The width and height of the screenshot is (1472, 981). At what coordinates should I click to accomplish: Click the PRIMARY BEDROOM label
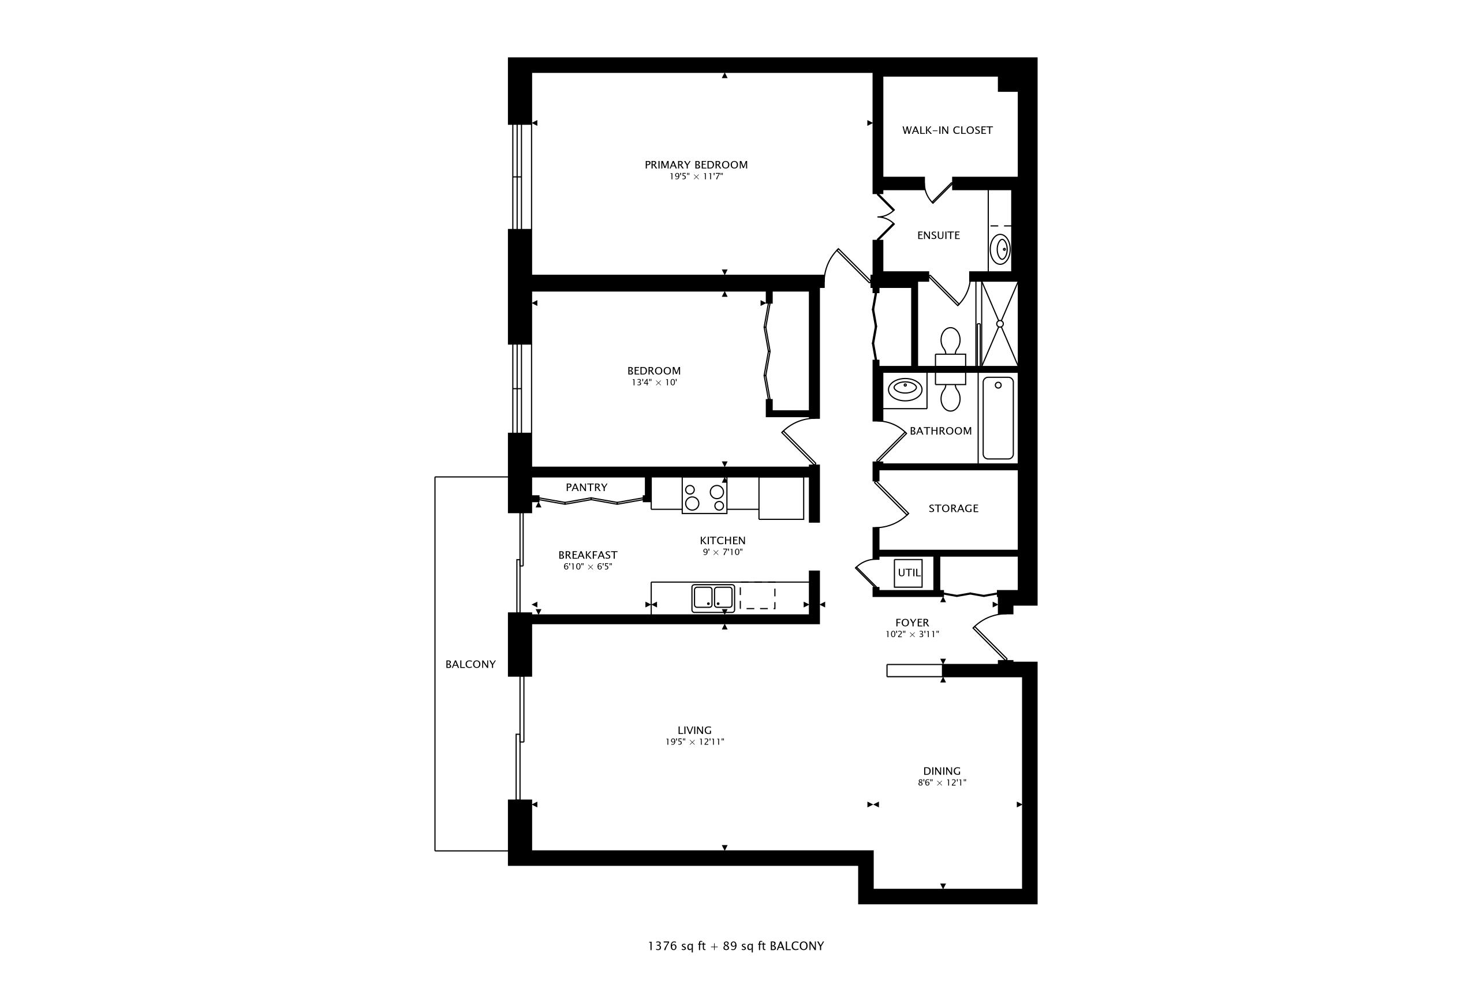[696, 164]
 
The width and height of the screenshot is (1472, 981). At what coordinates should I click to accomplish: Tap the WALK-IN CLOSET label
[947, 130]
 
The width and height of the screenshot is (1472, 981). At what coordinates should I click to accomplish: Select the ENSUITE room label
[938, 235]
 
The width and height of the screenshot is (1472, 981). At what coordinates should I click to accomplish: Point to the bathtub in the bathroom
[997, 417]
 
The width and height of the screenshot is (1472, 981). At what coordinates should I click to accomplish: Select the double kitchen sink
[713, 597]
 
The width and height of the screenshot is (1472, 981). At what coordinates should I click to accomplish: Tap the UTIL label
[909, 572]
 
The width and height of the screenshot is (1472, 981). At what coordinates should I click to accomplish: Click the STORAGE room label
[953, 508]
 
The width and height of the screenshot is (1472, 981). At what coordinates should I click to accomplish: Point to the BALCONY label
[470, 664]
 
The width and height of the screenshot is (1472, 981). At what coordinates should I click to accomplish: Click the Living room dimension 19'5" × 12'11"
[694, 742]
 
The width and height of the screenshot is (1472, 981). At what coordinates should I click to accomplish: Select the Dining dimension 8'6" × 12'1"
[942, 782]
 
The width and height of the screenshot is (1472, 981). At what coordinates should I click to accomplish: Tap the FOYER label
[912, 623]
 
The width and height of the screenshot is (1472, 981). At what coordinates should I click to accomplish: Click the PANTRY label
[586, 488]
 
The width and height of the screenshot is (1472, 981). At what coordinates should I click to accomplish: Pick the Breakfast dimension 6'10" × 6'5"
[587, 567]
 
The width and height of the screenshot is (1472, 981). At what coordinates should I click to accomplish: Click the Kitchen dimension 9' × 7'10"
[722, 552]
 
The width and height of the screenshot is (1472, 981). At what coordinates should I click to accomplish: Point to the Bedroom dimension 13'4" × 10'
[654, 382]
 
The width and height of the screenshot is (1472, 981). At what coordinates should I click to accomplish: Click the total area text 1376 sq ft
[675, 946]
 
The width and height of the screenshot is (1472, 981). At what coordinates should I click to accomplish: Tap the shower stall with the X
[999, 324]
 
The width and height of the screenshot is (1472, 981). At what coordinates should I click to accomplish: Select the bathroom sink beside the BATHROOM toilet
[905, 388]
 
